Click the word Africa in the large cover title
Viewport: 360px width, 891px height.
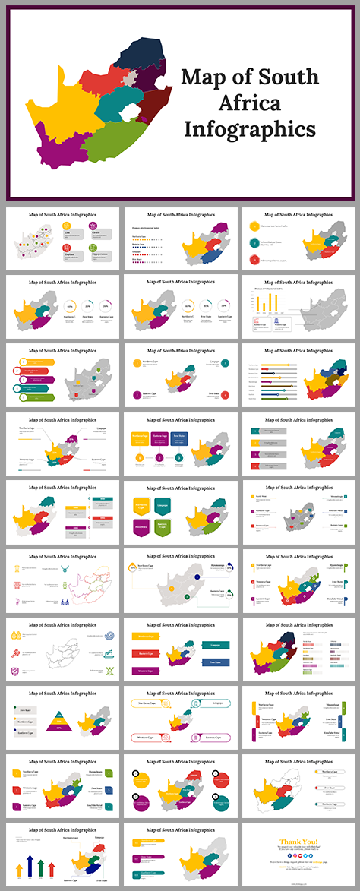(248, 103)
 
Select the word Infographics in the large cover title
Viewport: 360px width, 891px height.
(248, 129)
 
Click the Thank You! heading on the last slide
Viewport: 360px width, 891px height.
(299, 841)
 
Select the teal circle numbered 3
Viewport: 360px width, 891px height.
(178, 457)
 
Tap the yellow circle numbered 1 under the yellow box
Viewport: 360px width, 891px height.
(140, 457)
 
